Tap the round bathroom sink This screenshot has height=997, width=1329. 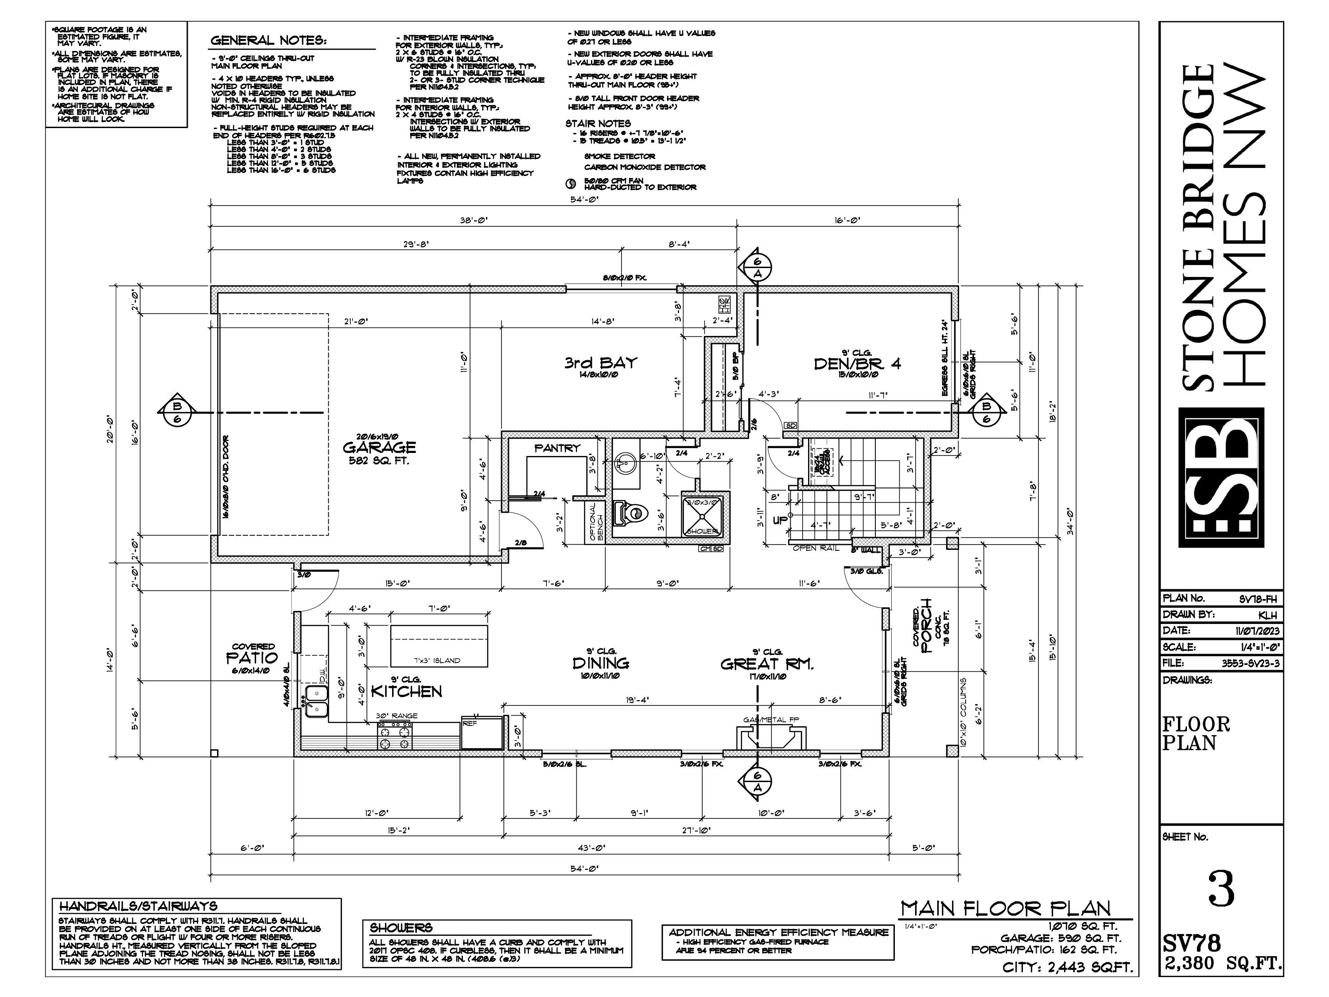(x=623, y=464)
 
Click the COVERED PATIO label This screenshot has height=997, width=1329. (x=253, y=657)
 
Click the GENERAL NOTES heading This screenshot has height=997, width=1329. (x=268, y=41)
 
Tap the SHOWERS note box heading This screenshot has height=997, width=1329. (x=401, y=928)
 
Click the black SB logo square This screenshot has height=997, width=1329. (x=1221, y=477)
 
